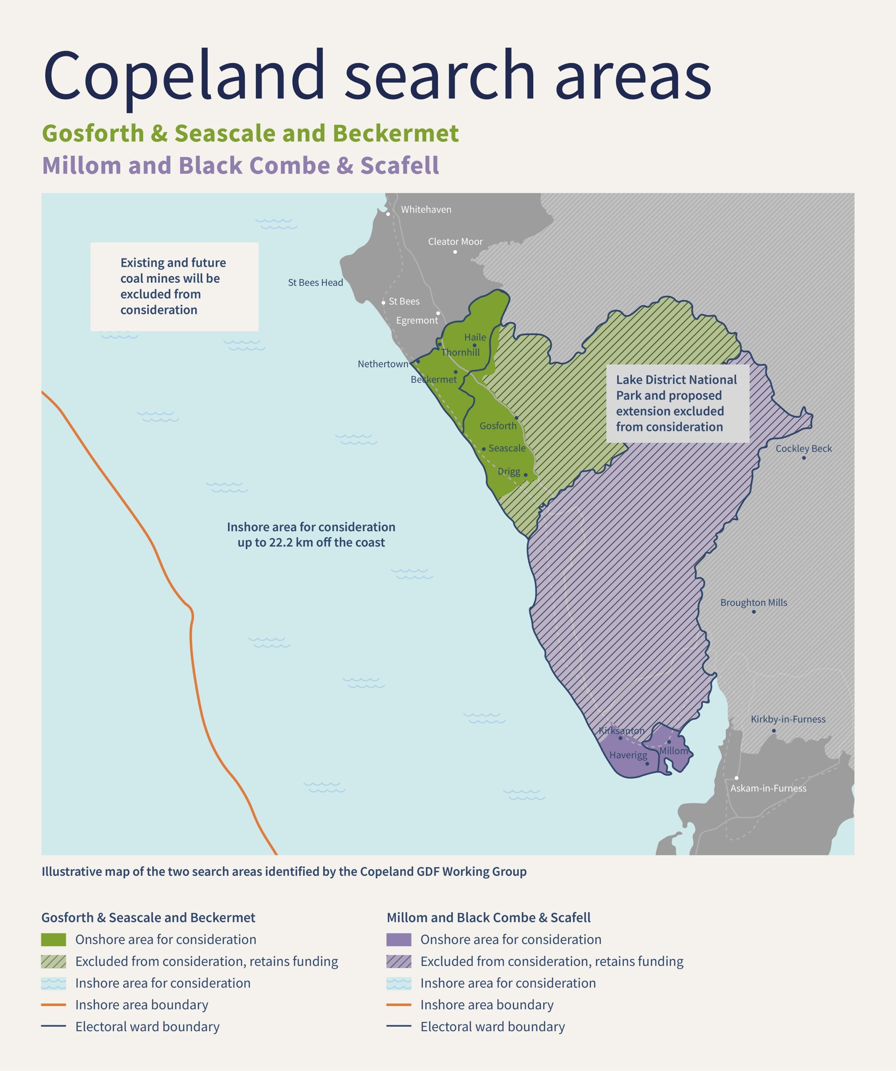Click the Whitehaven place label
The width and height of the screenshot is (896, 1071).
pos(426,210)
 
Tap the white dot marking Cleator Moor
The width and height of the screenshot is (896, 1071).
pos(455,252)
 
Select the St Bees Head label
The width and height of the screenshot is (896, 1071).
pos(315,282)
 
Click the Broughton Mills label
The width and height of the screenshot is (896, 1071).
pos(753,602)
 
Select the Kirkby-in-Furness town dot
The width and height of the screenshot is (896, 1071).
pos(773,731)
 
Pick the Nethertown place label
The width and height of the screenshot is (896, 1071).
pos(382,364)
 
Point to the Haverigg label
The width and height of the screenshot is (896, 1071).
pos(628,755)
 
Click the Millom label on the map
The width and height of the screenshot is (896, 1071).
pos(673,751)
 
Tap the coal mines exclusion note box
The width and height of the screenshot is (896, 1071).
pos(174,287)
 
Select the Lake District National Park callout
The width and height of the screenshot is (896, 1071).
pos(677,403)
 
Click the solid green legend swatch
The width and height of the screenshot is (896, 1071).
pos(54,939)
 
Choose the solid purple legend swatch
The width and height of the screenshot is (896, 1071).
pos(399,939)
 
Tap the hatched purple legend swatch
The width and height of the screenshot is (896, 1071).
pos(399,961)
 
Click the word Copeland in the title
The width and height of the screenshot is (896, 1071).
pos(184,75)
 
